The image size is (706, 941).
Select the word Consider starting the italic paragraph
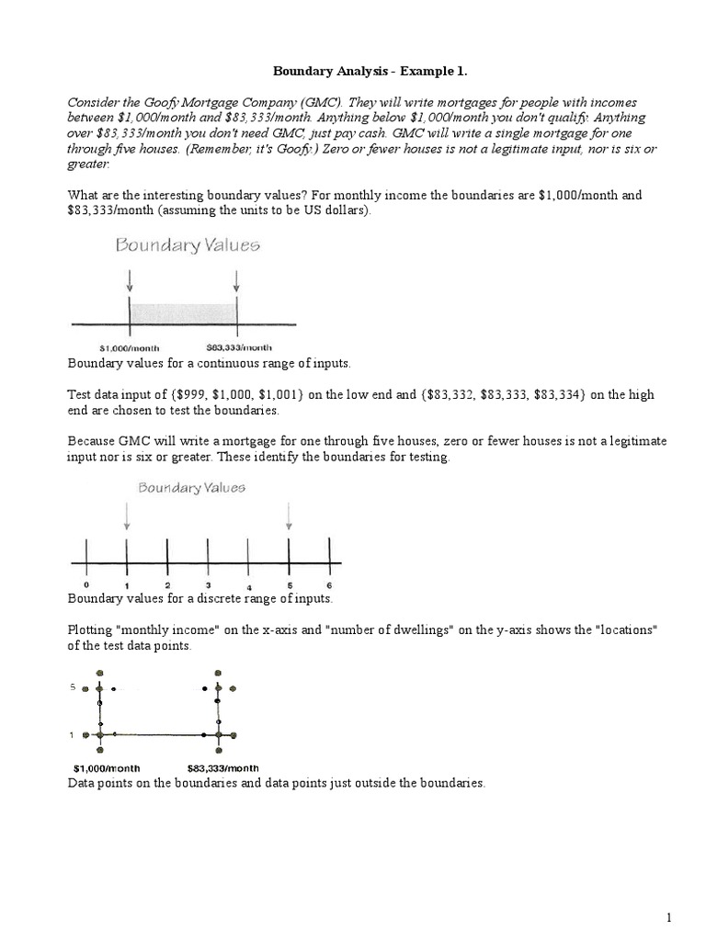pos(95,102)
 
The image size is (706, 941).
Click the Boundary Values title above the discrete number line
pos(191,488)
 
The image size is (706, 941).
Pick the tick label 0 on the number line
pos(85,584)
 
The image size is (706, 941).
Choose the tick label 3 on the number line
pos(208,584)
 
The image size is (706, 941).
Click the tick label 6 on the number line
pos(329,585)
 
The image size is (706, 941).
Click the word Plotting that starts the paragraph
pos(93,629)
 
